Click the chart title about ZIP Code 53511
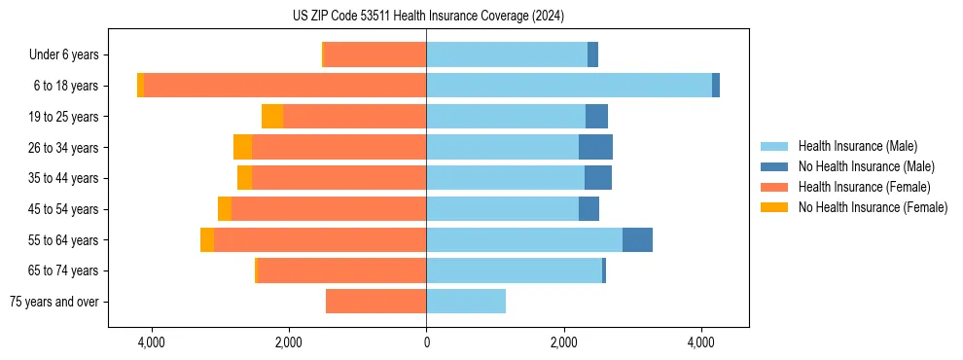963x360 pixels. pyautogui.click(x=428, y=17)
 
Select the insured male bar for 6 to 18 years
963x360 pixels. pyautogui.click(x=569, y=86)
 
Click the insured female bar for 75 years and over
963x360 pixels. pyautogui.click(x=375, y=302)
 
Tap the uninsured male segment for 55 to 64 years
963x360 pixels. pyautogui.click(x=637, y=239)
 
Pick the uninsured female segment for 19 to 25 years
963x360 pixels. pyautogui.click(x=272, y=117)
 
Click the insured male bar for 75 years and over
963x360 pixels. pyautogui.click(x=466, y=302)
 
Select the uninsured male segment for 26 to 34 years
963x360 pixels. pyautogui.click(x=595, y=147)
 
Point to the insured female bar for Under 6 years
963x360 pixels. pyautogui.click(x=374, y=54)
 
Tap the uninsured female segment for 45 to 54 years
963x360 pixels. pyautogui.click(x=225, y=209)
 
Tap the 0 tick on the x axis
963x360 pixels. pyautogui.click(x=426, y=342)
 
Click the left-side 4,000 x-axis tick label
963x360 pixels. pyautogui.click(x=152, y=342)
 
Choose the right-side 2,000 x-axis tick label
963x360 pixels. pyautogui.click(x=564, y=342)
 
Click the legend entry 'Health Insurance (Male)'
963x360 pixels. pyautogui.click(x=857, y=146)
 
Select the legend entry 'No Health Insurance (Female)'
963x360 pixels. pyautogui.click(x=873, y=207)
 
